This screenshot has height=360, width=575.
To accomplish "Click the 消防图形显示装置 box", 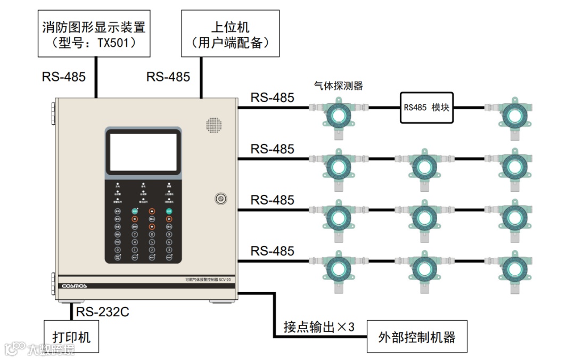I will [94, 34].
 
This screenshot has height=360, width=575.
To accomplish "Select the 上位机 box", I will [230, 34].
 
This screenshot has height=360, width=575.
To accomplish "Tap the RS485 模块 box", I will [426, 107].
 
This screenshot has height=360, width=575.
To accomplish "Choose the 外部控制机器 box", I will [417, 337].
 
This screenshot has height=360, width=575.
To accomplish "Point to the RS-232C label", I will [102, 312].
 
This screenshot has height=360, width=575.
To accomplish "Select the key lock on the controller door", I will [220, 199].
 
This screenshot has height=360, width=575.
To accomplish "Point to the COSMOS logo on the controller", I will [74, 286].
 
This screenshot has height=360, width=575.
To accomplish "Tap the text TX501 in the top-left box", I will [114, 43].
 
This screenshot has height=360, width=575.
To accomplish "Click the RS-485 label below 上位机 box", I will [168, 77].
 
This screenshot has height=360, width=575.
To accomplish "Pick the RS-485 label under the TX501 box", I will [64, 77].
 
